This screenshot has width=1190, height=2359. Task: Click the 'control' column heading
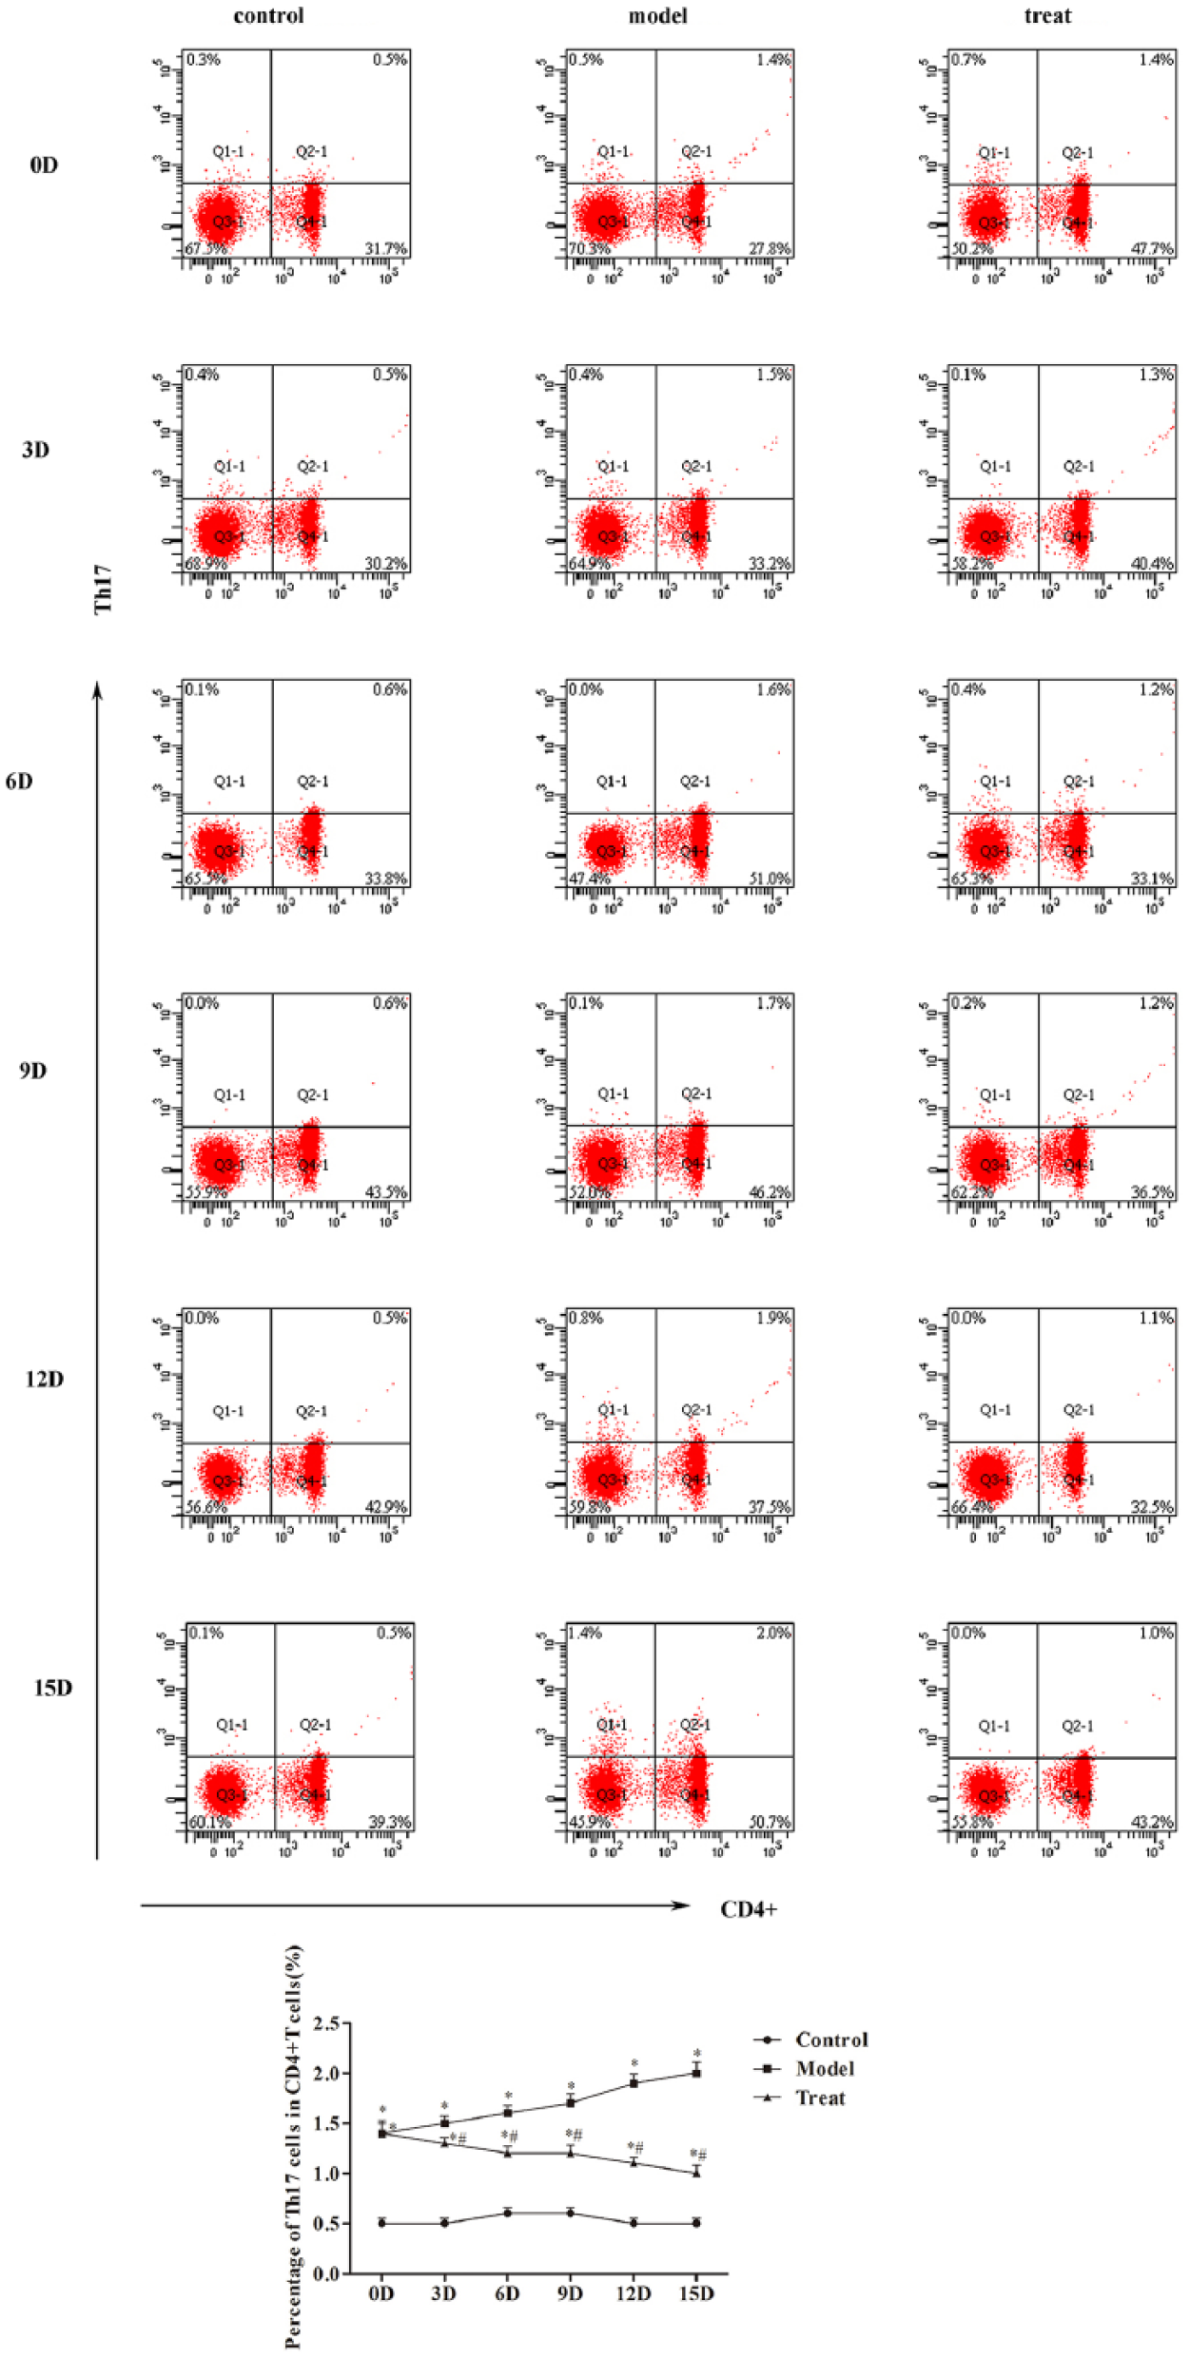click(x=268, y=16)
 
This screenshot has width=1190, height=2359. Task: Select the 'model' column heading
click(x=657, y=16)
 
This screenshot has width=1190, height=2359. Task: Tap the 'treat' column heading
click(x=1047, y=16)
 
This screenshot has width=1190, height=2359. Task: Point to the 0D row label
click(x=44, y=165)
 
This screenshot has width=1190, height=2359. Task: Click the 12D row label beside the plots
click(x=44, y=1379)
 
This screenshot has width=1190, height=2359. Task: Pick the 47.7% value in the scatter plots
click(x=1151, y=249)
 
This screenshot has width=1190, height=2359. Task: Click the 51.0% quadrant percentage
click(x=769, y=879)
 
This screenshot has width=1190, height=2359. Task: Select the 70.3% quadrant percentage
click(x=590, y=249)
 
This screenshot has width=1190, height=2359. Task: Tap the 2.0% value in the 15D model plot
click(x=773, y=1633)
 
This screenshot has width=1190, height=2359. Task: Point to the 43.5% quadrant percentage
click(x=385, y=1192)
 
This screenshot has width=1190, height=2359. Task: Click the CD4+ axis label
click(x=749, y=1909)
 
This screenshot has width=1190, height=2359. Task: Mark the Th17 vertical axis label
click(x=103, y=590)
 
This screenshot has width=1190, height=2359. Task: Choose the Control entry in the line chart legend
click(x=831, y=2040)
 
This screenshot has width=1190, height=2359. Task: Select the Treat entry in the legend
click(x=820, y=2098)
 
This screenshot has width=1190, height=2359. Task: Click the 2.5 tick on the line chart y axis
click(x=326, y=2022)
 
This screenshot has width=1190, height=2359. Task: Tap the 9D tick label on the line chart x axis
click(x=570, y=2292)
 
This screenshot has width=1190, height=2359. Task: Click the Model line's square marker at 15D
click(x=696, y=2073)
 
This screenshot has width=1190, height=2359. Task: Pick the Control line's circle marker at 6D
click(x=508, y=2213)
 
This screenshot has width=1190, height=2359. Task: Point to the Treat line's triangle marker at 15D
click(x=696, y=2172)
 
